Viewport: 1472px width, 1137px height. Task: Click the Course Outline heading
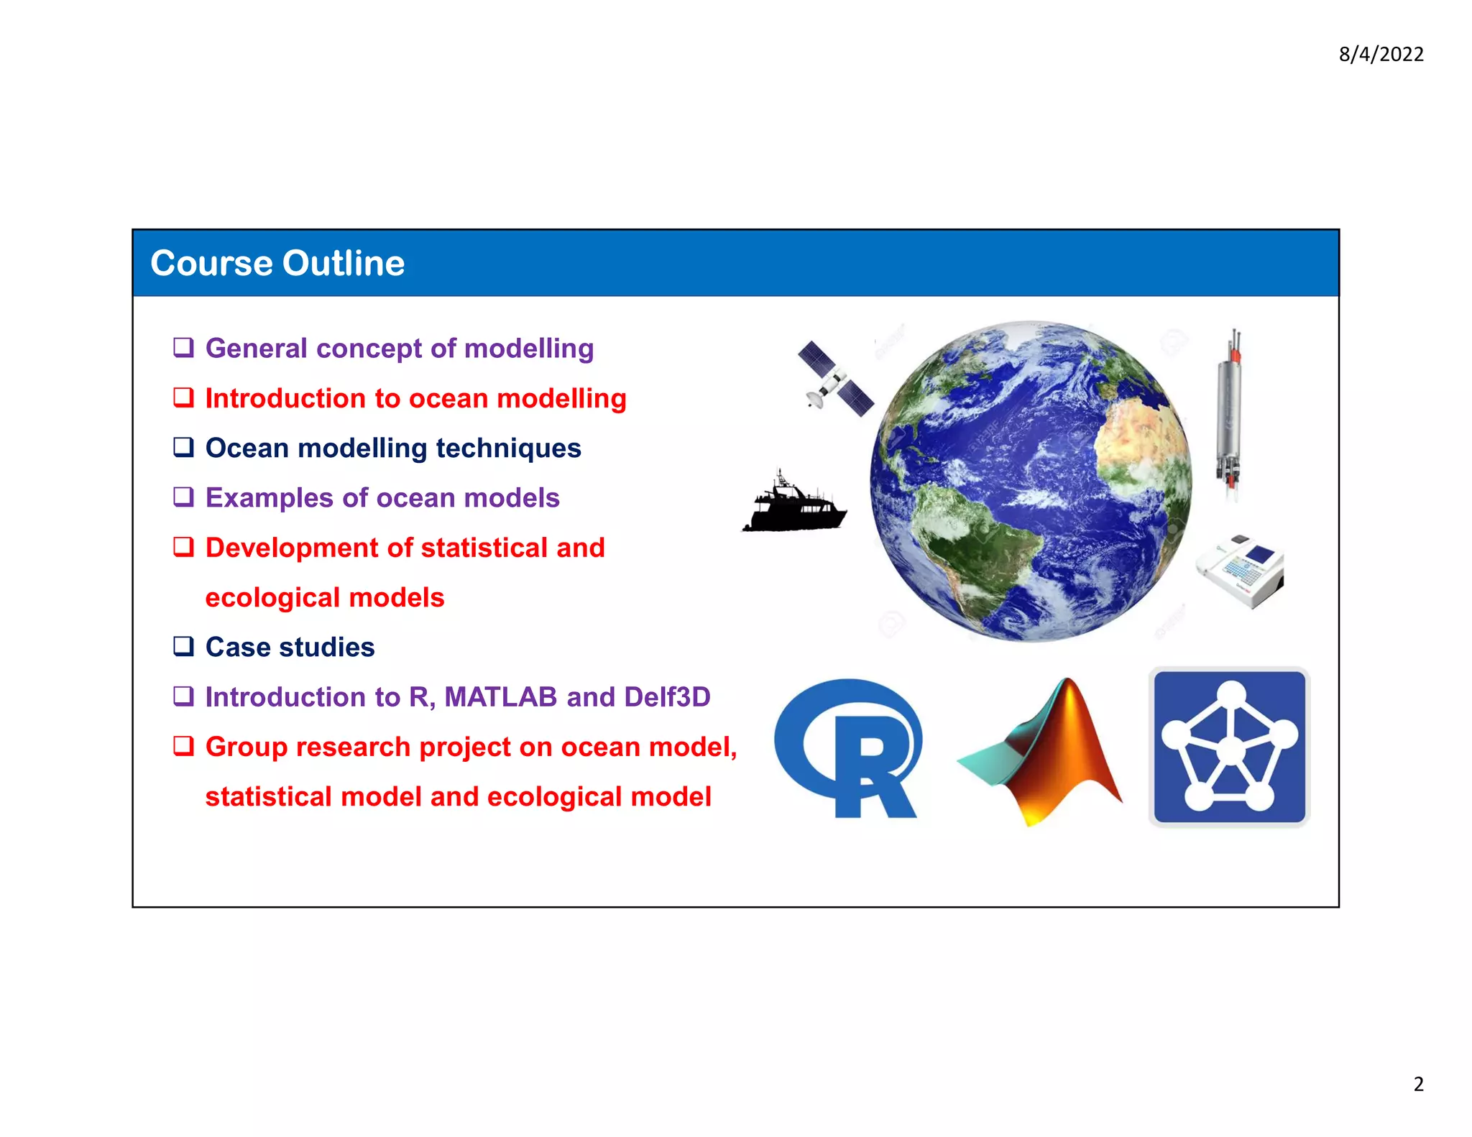click(x=277, y=263)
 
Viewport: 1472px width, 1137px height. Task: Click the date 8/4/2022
click(x=1381, y=55)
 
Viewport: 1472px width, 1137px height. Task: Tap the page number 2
click(x=1418, y=1084)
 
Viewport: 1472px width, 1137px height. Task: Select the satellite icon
click(x=835, y=379)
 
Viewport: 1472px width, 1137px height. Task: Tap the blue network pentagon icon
click(x=1230, y=747)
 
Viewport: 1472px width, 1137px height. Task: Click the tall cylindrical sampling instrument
click(x=1230, y=417)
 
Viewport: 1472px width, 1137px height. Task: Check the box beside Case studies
click(x=184, y=646)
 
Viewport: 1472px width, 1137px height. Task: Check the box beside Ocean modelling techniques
click(x=184, y=447)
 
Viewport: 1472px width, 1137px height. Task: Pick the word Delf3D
click(x=667, y=697)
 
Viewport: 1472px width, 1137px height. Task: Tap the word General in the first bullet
click(x=257, y=349)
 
